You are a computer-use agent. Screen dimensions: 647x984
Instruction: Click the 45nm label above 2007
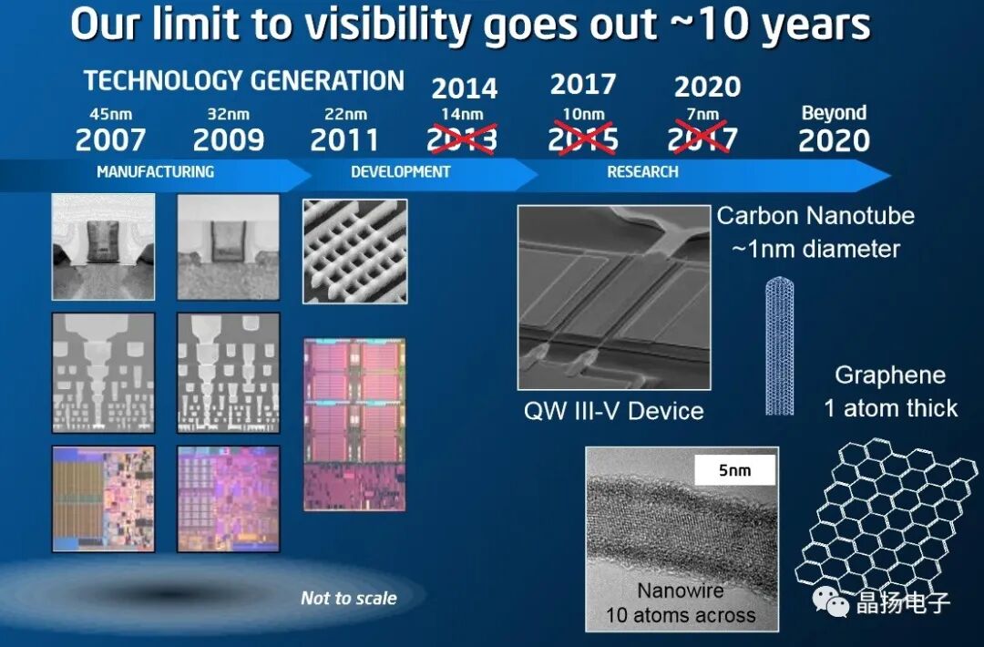[110, 115]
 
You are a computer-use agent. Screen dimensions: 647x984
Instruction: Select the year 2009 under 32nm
[229, 140]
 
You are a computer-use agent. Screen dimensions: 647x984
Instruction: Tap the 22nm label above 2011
[345, 115]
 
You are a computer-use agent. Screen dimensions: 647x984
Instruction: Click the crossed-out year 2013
[463, 140]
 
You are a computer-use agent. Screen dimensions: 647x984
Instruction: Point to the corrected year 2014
[464, 88]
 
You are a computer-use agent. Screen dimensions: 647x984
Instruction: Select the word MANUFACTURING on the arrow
[156, 171]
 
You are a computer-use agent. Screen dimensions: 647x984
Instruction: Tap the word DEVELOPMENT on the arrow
[401, 171]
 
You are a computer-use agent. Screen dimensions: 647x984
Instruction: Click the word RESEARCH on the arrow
[642, 171]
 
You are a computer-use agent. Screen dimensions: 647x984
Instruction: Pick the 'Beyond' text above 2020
[834, 114]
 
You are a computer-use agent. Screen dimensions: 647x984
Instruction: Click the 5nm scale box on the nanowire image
[733, 471]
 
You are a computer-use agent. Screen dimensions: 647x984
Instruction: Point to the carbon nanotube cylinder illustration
[779, 346]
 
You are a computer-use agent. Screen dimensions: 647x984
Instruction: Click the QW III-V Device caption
[613, 411]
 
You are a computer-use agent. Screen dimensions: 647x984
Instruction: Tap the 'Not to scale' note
[349, 599]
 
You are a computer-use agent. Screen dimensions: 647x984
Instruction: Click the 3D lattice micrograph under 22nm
[354, 252]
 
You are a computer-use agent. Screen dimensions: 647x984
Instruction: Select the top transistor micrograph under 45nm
[103, 247]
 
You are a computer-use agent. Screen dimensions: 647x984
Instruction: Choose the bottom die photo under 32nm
[228, 498]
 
